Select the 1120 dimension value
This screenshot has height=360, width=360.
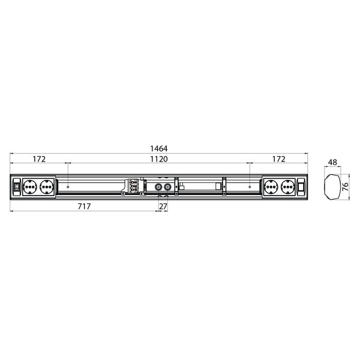pyautogui.click(x=159, y=160)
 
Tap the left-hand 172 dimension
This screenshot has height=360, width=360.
pyautogui.click(x=39, y=160)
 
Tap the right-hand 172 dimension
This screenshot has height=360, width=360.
pyautogui.click(x=278, y=160)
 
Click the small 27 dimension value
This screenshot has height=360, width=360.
pyautogui.click(x=163, y=206)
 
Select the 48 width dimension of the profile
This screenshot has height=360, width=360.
pyautogui.click(x=334, y=163)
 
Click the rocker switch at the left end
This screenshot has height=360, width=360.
pyautogui.click(x=17, y=187)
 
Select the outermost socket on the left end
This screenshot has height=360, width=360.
pyautogui.click(x=30, y=187)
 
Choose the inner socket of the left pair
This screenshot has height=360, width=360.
pyautogui.click(x=47, y=187)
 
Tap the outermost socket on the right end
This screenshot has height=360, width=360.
pyautogui.click(x=287, y=187)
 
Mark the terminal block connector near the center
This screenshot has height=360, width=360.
pyautogui.click(x=133, y=187)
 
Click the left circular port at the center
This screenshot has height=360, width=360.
pyautogui.click(x=158, y=187)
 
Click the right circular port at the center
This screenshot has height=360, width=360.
pyautogui.click(x=166, y=187)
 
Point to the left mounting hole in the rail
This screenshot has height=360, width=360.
pyautogui.click(x=68, y=187)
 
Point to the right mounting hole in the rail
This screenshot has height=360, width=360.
pyautogui.click(x=249, y=187)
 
